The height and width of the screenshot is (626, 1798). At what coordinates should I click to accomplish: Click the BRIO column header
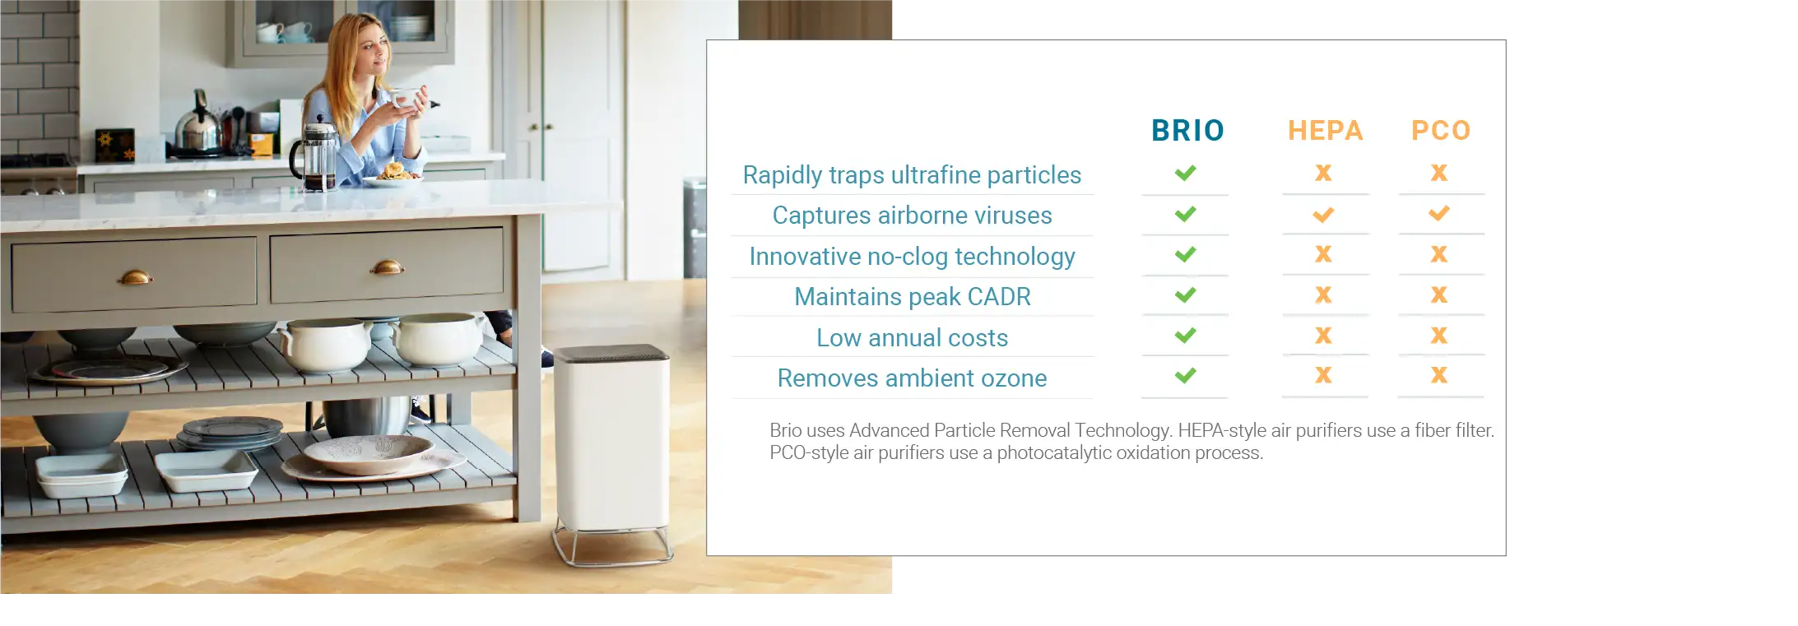pyautogui.click(x=1187, y=131)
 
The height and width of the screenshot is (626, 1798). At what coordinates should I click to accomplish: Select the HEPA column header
pyautogui.click(x=1325, y=131)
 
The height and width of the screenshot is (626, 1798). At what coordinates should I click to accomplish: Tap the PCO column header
pyautogui.click(x=1441, y=131)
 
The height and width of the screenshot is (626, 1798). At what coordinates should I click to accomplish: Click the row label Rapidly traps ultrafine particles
pyautogui.click(x=912, y=175)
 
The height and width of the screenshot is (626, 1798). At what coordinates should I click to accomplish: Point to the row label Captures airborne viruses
pyautogui.click(x=912, y=216)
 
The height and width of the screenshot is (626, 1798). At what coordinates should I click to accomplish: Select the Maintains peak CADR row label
pyautogui.click(x=912, y=297)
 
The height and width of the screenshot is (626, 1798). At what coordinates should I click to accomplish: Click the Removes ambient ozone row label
pyautogui.click(x=912, y=378)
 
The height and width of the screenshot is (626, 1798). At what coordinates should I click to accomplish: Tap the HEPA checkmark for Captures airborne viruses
pyautogui.click(x=1323, y=215)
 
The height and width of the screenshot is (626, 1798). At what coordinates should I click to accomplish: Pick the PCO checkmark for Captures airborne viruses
pyautogui.click(x=1439, y=214)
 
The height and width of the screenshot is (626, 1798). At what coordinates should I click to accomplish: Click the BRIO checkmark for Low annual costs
pyautogui.click(x=1186, y=336)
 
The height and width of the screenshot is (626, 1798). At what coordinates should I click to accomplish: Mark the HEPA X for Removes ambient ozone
pyautogui.click(x=1323, y=375)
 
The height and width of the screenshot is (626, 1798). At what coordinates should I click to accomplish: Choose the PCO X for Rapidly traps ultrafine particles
pyautogui.click(x=1439, y=173)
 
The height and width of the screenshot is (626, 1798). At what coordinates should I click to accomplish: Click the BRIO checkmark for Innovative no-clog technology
pyautogui.click(x=1186, y=255)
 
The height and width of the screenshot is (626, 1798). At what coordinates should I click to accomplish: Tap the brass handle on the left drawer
pyautogui.click(x=135, y=277)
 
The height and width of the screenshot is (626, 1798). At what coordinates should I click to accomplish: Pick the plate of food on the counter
pyautogui.click(x=393, y=175)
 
